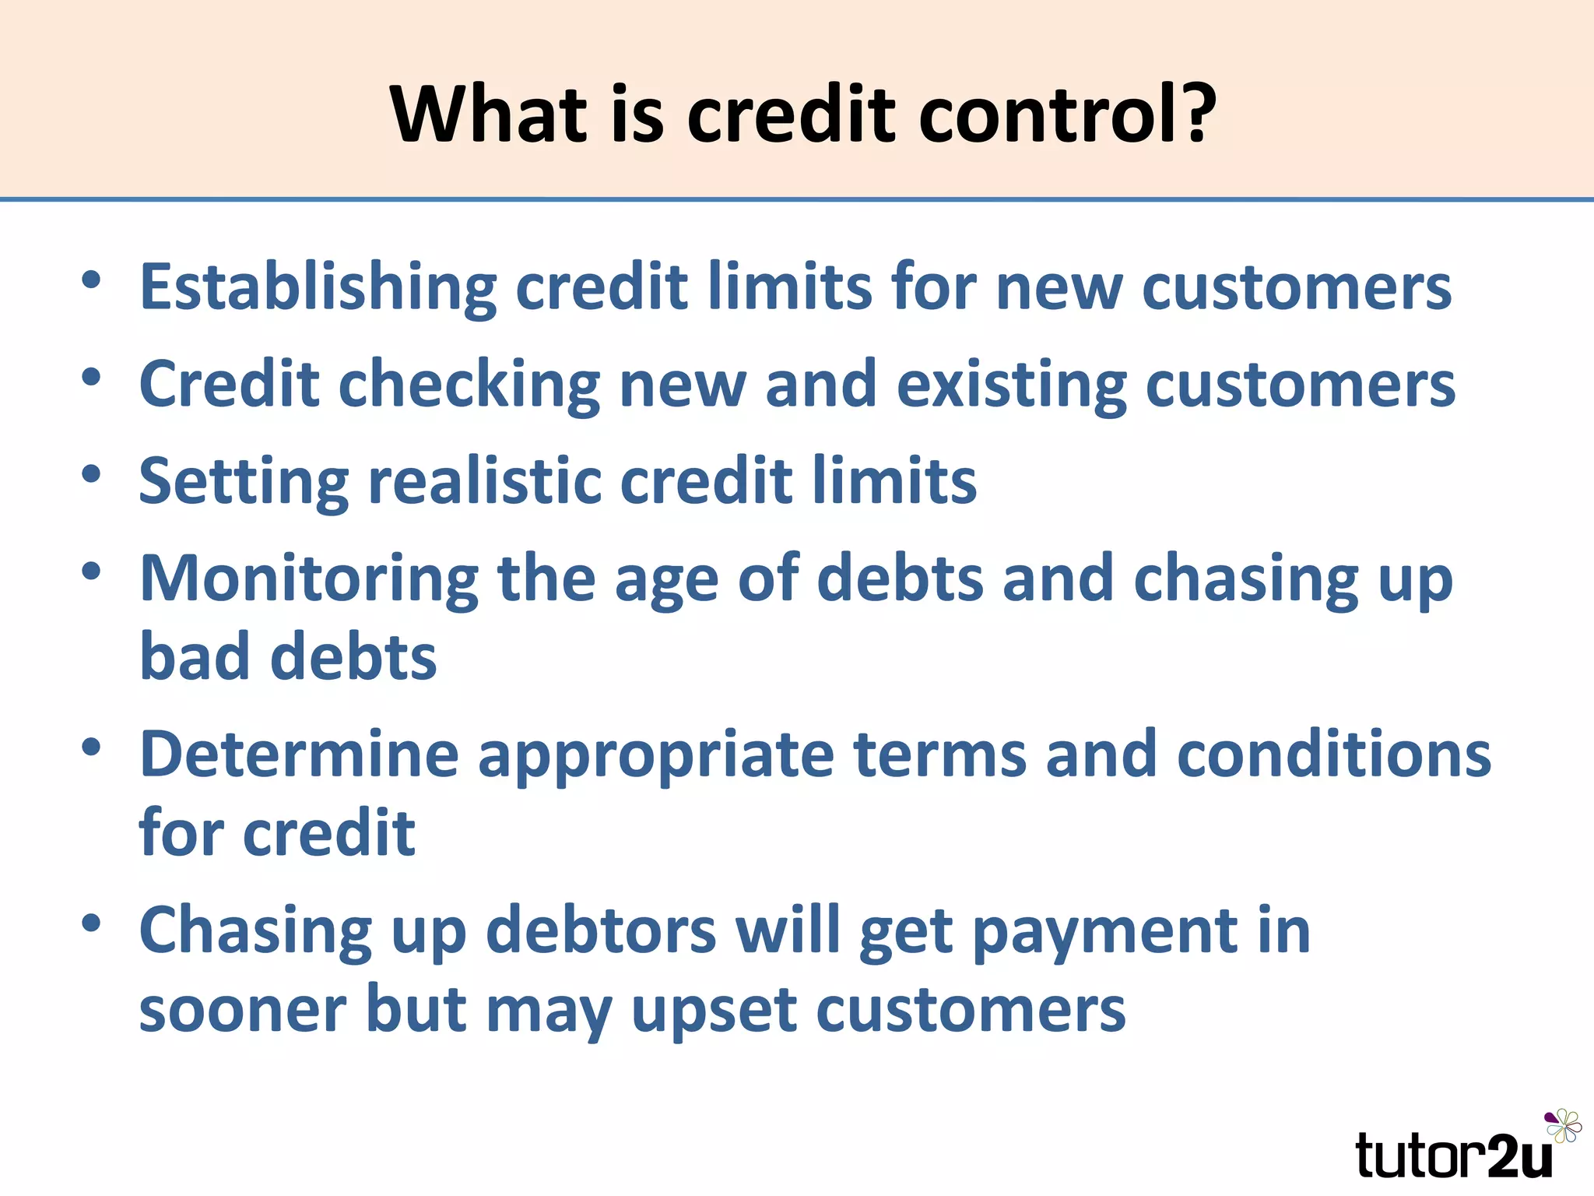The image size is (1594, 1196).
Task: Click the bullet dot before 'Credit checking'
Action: tap(92, 378)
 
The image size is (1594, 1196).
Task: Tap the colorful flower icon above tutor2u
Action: tap(1563, 1126)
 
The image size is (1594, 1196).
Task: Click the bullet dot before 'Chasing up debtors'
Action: tap(92, 923)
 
